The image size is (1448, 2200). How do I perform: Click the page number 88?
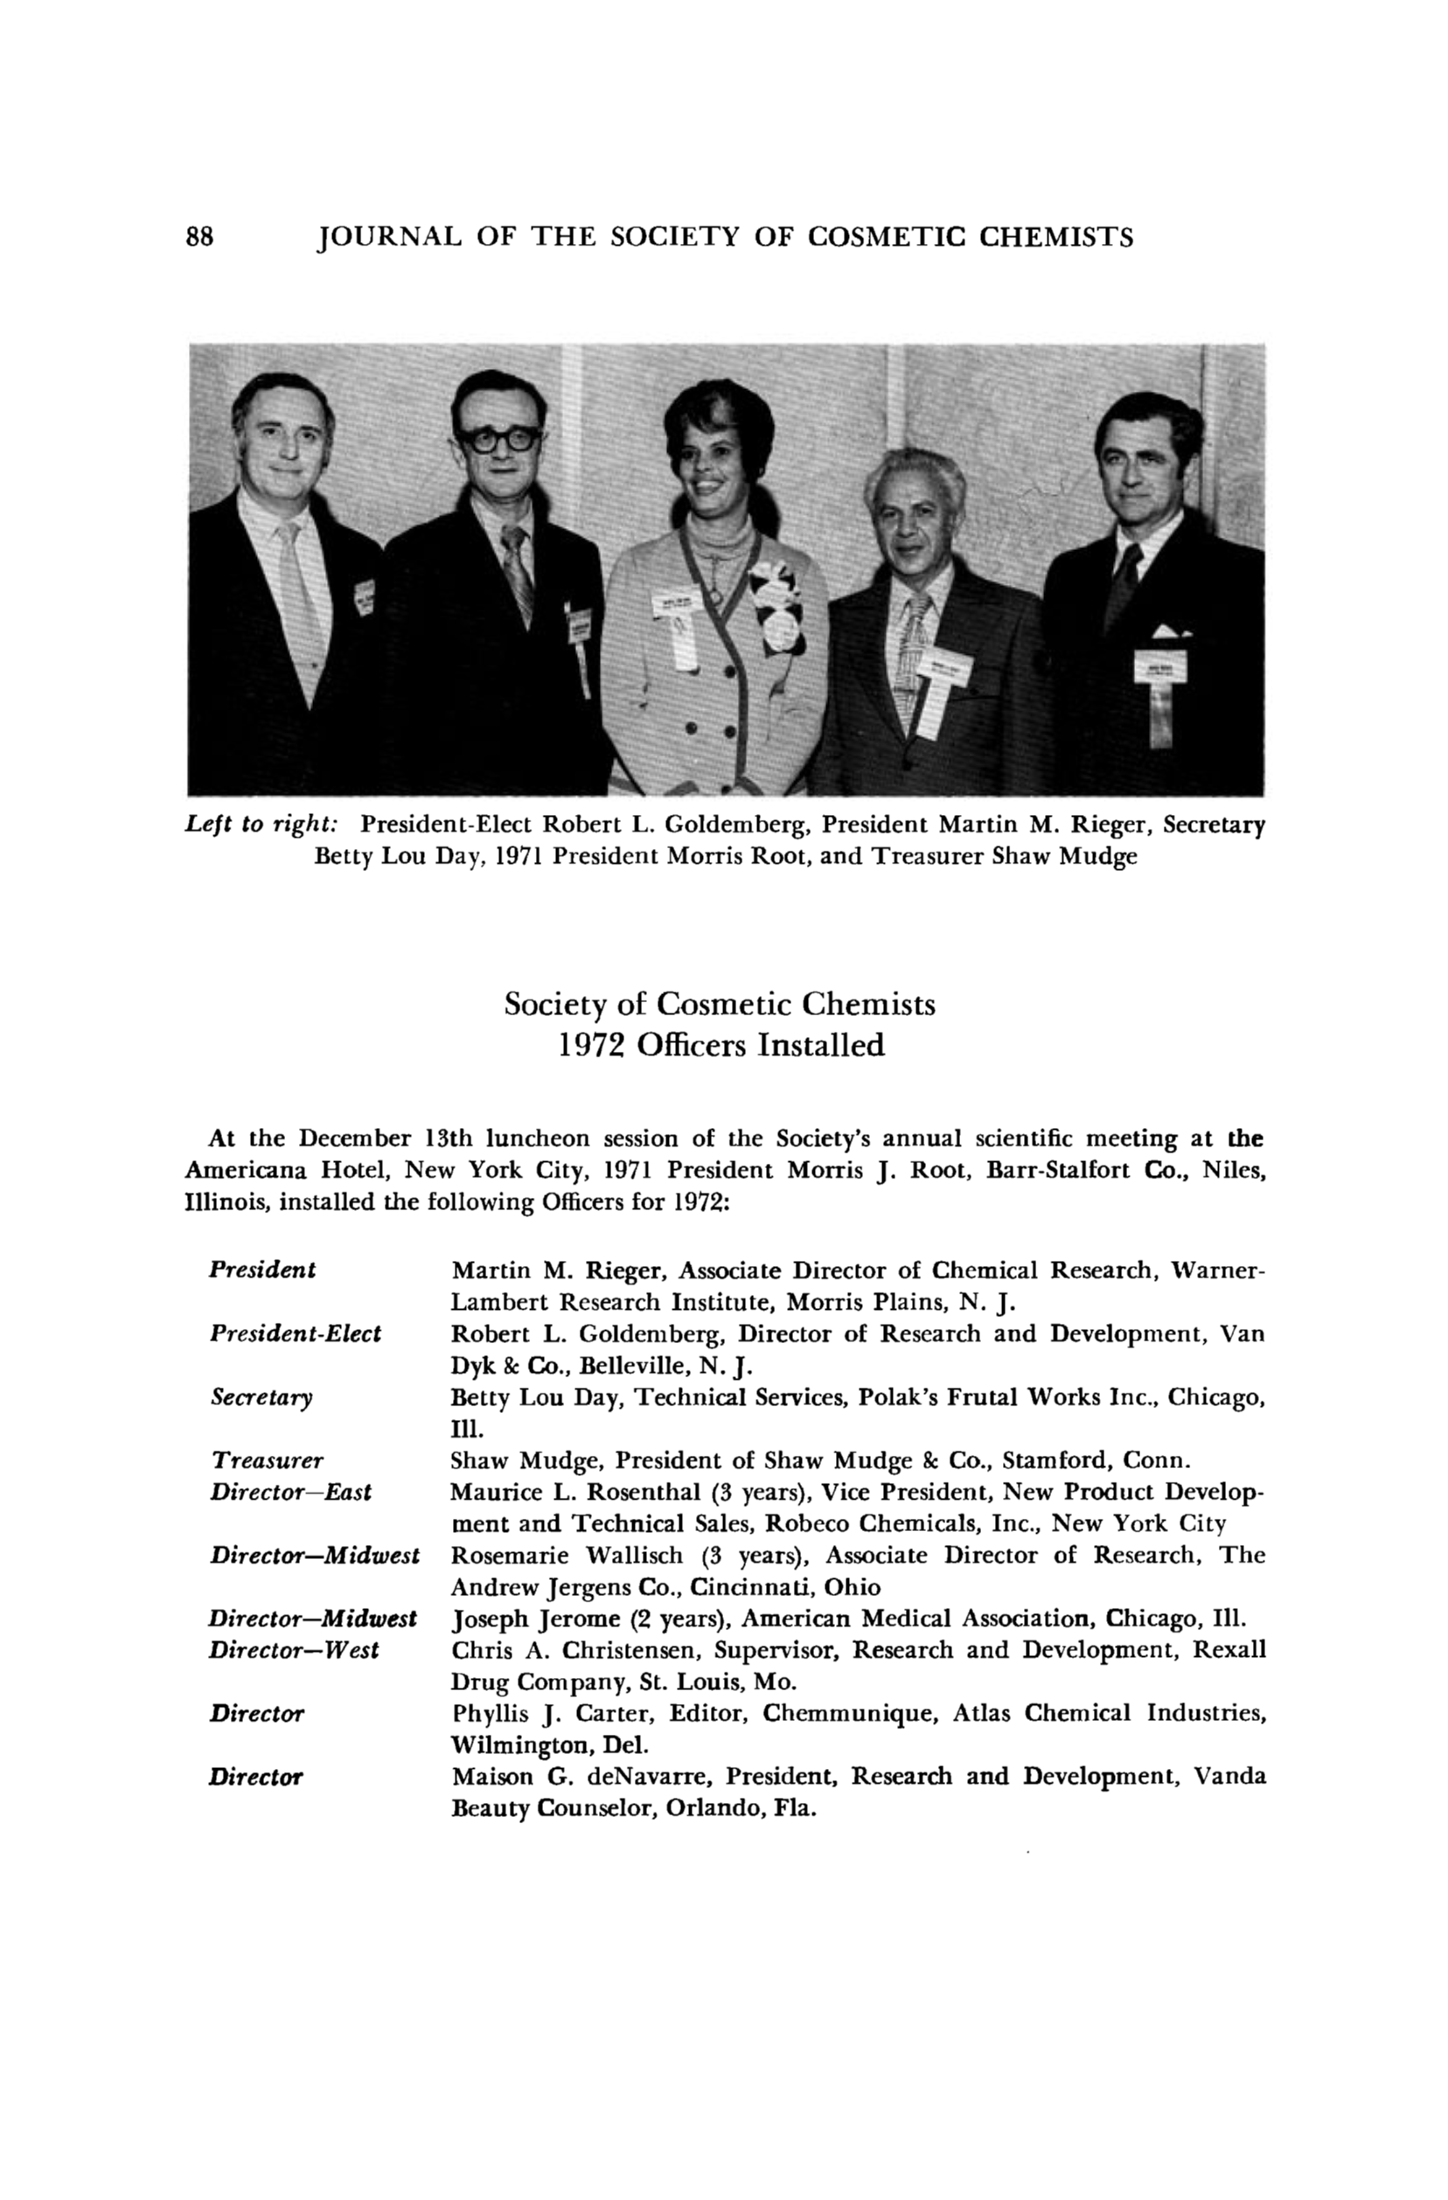click(x=199, y=238)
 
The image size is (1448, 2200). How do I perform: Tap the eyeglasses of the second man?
click(x=500, y=437)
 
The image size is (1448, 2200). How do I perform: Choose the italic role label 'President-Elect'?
click(x=295, y=1333)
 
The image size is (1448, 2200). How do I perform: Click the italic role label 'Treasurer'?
click(x=268, y=1459)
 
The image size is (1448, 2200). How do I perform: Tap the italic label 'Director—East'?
click(x=290, y=1491)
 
